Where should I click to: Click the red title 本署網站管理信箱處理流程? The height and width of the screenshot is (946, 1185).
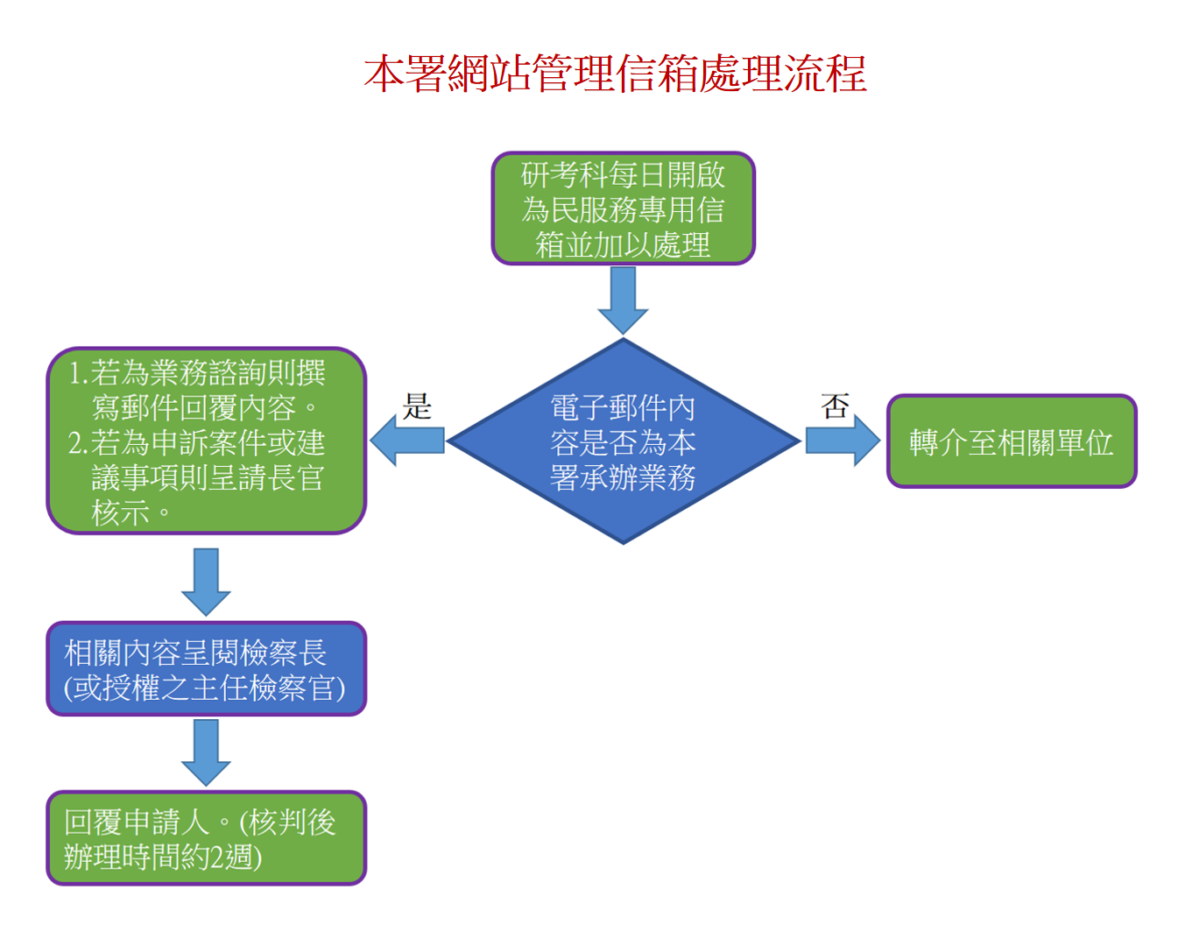pos(615,74)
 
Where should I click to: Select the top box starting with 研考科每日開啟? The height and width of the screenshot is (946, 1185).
pos(623,208)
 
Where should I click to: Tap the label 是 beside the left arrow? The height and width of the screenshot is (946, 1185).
pos(417,406)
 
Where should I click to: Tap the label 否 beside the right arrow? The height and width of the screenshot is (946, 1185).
pos(835,406)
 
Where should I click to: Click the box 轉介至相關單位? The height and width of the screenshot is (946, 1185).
pos(1011,441)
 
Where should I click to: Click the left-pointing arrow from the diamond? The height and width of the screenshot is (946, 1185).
pos(406,440)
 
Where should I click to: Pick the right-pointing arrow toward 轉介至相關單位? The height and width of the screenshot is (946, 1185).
pos(842,440)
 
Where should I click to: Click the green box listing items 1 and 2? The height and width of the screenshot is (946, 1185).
pos(206,441)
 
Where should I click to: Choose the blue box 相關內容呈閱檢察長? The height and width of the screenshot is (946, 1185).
pos(206,669)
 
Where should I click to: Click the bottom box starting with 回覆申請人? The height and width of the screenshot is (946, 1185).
pos(206,838)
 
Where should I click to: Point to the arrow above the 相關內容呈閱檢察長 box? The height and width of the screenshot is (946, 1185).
pos(206,581)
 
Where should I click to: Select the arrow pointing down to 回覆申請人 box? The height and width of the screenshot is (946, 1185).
pos(206,752)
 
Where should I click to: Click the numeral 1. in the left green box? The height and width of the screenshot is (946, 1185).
pos(79,373)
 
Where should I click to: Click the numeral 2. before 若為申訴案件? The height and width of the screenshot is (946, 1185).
pos(79,443)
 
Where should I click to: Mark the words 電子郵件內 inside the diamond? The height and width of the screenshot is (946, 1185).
pos(623,407)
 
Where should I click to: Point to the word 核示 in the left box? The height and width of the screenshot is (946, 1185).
pos(121,513)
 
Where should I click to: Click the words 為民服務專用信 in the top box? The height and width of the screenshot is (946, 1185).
pos(623,210)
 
